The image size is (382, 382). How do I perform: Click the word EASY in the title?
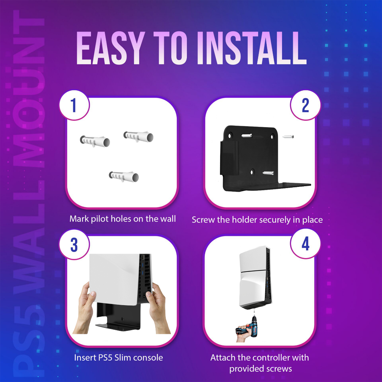109,48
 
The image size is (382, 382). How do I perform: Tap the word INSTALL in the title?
252,48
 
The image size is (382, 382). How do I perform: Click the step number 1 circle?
74,105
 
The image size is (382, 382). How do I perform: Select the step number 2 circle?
306,105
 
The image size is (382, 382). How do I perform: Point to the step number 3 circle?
74,245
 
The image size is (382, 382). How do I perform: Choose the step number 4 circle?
306,244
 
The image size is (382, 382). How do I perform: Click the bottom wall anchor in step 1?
124,176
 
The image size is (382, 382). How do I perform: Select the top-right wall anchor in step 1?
138,137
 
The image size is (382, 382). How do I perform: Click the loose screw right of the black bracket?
288,137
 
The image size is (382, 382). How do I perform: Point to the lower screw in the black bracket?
268,173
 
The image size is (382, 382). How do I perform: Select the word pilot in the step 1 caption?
100,219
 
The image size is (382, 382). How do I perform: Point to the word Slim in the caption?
123,357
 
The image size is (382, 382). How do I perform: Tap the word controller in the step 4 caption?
272,357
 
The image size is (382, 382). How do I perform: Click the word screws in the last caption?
279,369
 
